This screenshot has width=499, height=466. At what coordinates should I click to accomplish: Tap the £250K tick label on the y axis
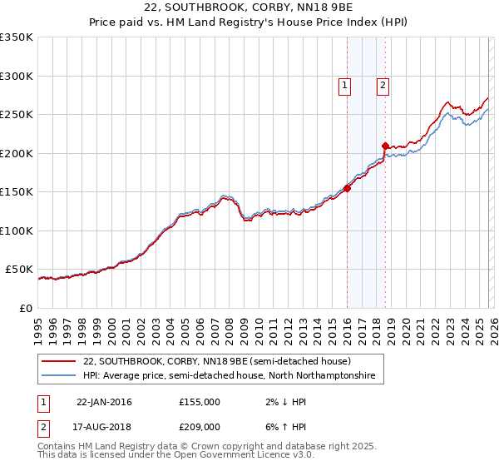pyautogui.click(x=16, y=115)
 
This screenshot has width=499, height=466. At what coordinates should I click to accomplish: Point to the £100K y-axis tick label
pyautogui.click(x=16, y=231)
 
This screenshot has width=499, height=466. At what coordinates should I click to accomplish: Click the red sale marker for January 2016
pyautogui.click(x=347, y=188)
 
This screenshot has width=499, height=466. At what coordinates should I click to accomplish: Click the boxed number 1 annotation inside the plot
pyautogui.click(x=343, y=83)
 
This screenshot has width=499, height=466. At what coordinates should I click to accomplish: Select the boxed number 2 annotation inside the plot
pyautogui.click(x=383, y=83)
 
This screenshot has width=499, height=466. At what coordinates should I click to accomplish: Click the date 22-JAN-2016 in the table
pyautogui.click(x=104, y=402)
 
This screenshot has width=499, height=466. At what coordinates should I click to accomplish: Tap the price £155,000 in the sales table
pyautogui.click(x=200, y=402)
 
